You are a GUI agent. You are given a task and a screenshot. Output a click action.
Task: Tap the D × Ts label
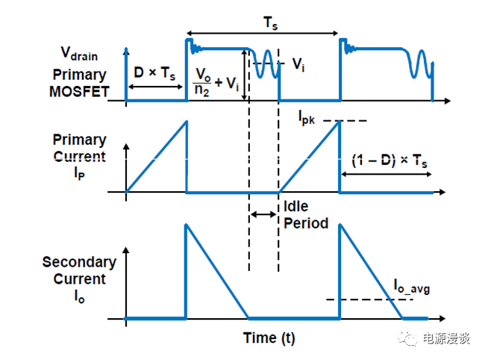pos(154,73)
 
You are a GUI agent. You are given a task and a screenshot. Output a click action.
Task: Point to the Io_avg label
pos(412,285)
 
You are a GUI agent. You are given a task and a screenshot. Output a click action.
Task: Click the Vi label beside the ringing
pos(298,65)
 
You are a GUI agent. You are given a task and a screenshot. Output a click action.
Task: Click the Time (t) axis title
pos(269,338)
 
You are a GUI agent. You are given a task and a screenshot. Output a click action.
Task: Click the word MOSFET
pos(81,92)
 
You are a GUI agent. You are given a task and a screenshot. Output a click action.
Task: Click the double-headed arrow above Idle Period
pos(263,214)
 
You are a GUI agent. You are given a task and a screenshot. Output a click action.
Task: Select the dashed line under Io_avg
pos(369,300)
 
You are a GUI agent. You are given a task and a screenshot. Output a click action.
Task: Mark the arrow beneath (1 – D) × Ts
pos(386,174)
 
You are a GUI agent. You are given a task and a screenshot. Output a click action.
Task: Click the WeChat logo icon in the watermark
pos(409,338)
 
